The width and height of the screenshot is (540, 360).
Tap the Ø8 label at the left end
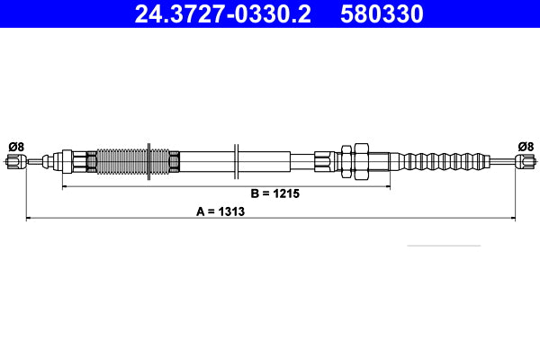point(15,146)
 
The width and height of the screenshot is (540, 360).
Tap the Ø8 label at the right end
point(525,146)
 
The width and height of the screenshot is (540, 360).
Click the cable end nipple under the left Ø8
point(13,162)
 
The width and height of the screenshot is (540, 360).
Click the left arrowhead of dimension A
point(28,218)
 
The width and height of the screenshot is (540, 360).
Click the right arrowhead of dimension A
point(511,218)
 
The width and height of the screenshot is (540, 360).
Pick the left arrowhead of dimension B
point(64,187)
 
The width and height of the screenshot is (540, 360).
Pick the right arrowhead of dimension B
point(387,187)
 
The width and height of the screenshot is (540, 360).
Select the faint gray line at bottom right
point(444,245)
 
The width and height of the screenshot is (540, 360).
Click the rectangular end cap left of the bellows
point(65,162)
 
